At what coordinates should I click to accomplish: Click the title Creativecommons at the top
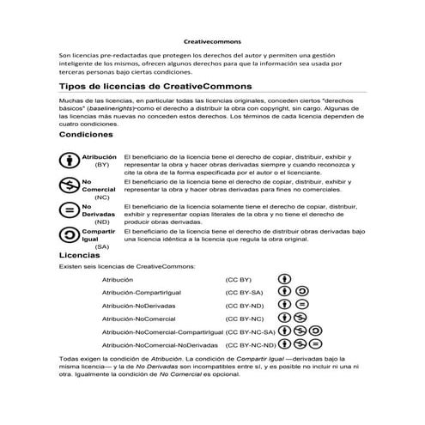tap(213, 40)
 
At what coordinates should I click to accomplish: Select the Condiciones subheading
tap(86, 136)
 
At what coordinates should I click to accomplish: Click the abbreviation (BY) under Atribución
tap(101, 164)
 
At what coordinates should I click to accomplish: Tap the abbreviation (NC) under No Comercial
tap(101, 197)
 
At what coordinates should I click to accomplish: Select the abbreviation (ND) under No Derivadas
tap(101, 222)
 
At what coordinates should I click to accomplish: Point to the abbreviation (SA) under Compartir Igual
tap(101, 246)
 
